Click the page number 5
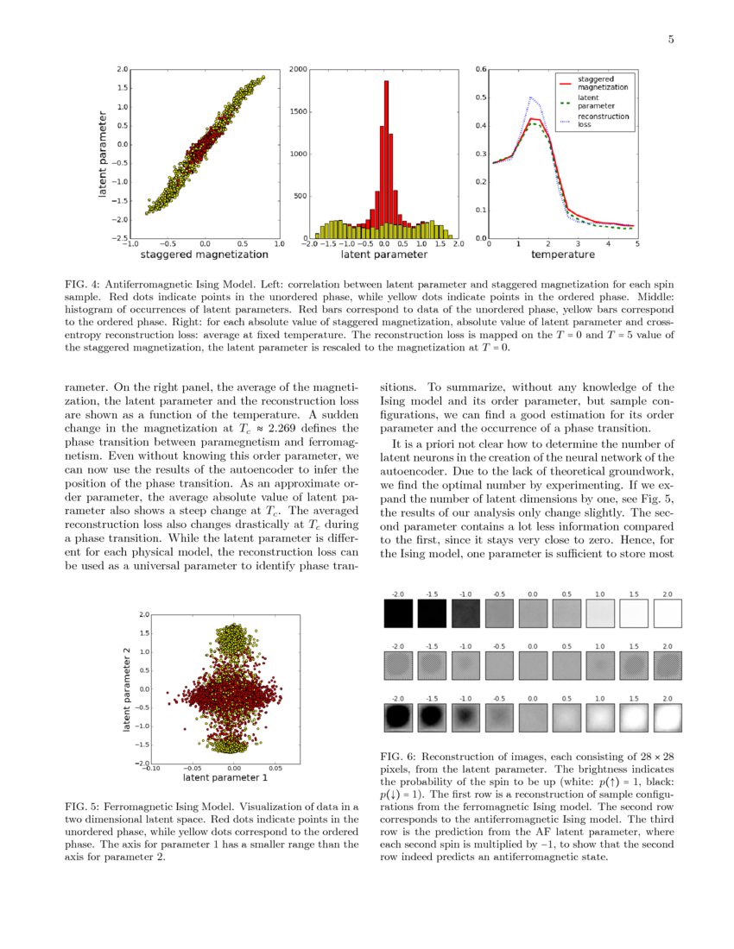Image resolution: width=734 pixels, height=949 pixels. point(669,39)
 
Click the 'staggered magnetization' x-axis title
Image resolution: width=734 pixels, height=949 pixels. point(205,255)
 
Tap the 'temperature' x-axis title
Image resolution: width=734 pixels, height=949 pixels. point(562,255)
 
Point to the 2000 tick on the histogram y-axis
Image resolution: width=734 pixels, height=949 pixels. point(297,69)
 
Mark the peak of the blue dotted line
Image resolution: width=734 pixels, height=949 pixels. point(531,97)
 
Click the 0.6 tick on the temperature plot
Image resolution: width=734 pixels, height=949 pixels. point(482,69)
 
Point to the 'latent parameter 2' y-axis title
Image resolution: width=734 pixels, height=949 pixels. point(126,689)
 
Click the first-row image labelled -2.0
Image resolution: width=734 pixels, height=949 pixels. point(398,614)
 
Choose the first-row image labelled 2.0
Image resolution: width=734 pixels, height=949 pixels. point(668,614)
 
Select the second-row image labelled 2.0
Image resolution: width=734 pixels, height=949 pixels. point(668,666)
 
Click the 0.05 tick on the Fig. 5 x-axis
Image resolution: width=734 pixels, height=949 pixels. point(275,767)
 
